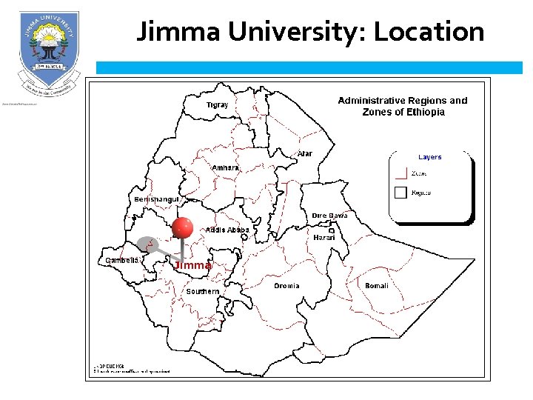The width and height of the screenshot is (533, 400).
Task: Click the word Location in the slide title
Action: pos(429,32)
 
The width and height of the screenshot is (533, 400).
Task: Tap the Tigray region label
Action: pos(217,105)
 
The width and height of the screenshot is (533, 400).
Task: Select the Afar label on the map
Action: pos(304,154)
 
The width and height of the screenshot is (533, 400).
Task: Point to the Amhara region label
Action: pos(226,168)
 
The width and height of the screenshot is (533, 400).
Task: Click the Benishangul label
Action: pos(156,200)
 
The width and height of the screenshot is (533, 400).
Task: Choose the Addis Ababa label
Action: pos(227,230)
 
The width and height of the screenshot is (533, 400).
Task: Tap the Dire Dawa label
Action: pos(329,216)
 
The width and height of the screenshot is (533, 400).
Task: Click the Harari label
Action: pos(324,238)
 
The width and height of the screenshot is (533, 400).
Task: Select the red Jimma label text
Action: pos(193,265)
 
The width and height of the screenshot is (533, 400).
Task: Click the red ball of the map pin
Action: pos(182,229)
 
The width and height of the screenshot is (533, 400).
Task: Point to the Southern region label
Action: pos(202,292)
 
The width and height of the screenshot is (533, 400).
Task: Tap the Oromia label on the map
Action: pos(286,286)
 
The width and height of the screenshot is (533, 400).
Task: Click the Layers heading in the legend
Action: pos(429,157)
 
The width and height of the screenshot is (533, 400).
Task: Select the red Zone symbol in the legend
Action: pos(400,173)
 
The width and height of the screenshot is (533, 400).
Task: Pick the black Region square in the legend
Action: pos(400,193)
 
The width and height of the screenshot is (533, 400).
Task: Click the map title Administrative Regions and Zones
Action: pos(403,106)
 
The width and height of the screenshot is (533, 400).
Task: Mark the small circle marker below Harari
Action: pos(332,231)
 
